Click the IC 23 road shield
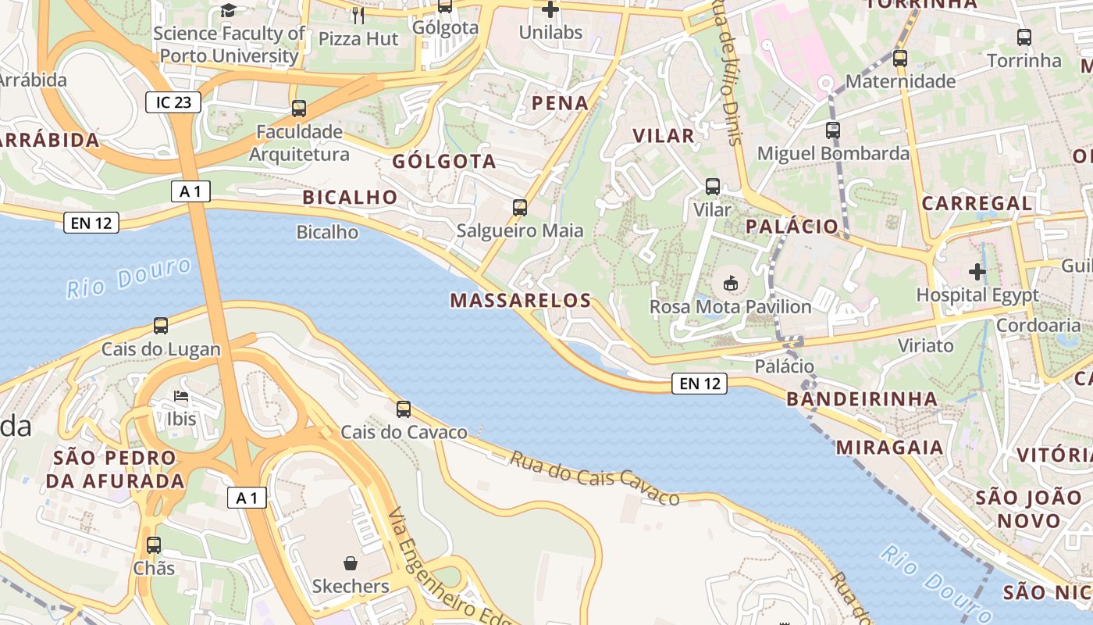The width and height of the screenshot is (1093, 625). coord(173,102)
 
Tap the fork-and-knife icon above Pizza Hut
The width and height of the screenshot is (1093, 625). coord(358,15)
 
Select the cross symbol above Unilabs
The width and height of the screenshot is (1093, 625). coord(550,9)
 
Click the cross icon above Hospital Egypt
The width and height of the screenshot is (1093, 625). coord(977,272)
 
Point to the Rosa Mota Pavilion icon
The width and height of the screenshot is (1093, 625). coord(731,283)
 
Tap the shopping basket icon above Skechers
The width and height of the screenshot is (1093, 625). coord(351,562)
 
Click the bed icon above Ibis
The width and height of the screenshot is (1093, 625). coord(181,396)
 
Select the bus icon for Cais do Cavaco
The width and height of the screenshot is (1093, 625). coord(404,409)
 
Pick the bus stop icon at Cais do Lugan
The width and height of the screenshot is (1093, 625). coord(161,326)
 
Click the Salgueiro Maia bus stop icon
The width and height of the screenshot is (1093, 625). coord(520,208)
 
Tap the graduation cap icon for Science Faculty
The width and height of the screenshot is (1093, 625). coord(228,10)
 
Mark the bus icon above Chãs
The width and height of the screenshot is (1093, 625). coord(154,545)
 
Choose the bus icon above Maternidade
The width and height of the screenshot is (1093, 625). coord(900,58)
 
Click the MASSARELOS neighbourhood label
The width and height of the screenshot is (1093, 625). coord(521,300)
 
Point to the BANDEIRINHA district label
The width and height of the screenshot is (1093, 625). coord(862,399)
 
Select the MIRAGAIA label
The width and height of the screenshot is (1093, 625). coord(890,448)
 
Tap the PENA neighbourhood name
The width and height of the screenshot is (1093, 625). coord(560,102)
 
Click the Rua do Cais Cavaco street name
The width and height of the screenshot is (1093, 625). coord(594,477)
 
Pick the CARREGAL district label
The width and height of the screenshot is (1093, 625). coord(977,203)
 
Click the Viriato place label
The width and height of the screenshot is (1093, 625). coord(925,345)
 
